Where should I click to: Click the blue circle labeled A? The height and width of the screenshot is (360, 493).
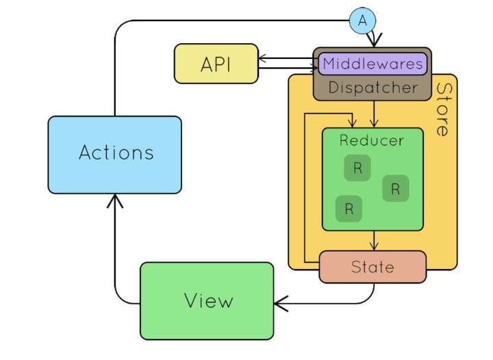click(363, 21)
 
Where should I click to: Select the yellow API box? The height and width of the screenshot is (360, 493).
click(216, 64)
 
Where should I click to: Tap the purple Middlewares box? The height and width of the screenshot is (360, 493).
click(373, 64)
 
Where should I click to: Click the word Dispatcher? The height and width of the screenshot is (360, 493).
click(372, 88)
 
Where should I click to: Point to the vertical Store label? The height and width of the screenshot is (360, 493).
click(443, 110)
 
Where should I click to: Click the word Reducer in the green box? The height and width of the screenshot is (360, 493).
click(372, 140)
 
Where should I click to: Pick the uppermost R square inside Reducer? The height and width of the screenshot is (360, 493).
click(357, 168)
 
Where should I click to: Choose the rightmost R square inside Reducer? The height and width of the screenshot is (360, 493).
click(396, 188)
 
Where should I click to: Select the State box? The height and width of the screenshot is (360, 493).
click(372, 267)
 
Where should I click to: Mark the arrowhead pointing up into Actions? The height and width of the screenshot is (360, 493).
click(115, 199)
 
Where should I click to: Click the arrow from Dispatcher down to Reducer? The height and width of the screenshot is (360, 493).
click(373, 114)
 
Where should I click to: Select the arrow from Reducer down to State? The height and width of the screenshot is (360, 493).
click(374, 241)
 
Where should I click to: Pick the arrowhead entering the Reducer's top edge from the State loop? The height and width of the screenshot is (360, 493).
click(352, 123)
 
